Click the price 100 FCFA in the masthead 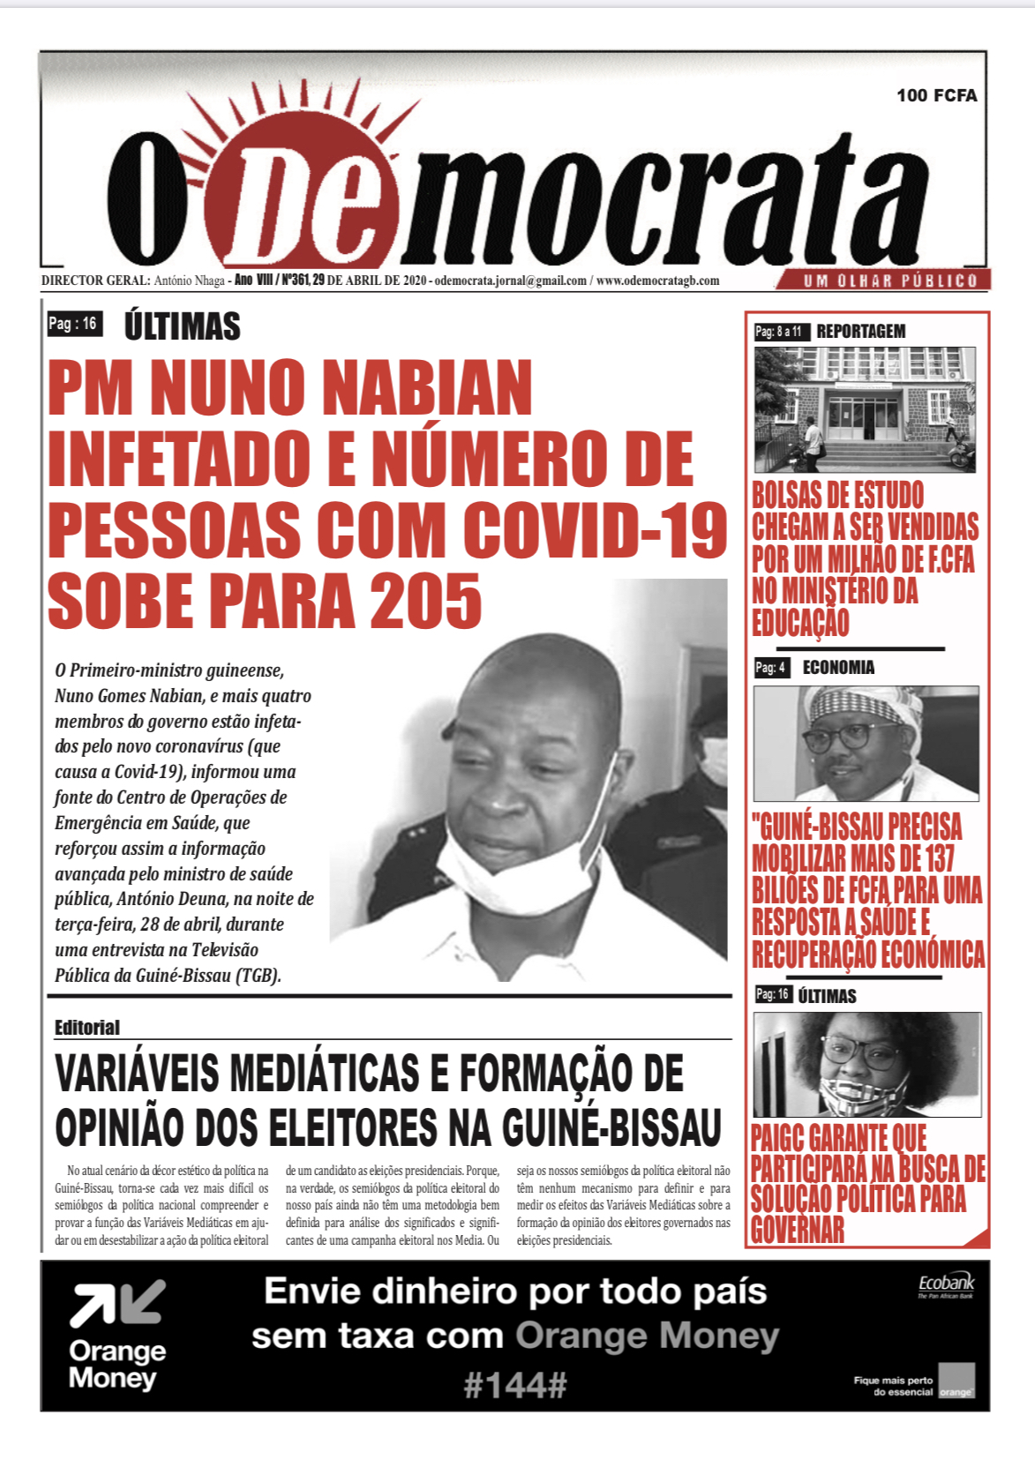[936, 95]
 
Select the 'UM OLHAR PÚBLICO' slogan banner [889, 281]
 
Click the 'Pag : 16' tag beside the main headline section [73, 324]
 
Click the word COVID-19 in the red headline [596, 531]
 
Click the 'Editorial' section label [86, 1027]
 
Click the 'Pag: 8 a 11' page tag [778, 332]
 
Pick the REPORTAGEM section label [860, 332]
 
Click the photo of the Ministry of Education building [865, 409]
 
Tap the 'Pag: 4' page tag [770, 668]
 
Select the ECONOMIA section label [838, 668]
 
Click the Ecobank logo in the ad [946, 1284]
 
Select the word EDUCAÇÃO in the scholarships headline [799, 623]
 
